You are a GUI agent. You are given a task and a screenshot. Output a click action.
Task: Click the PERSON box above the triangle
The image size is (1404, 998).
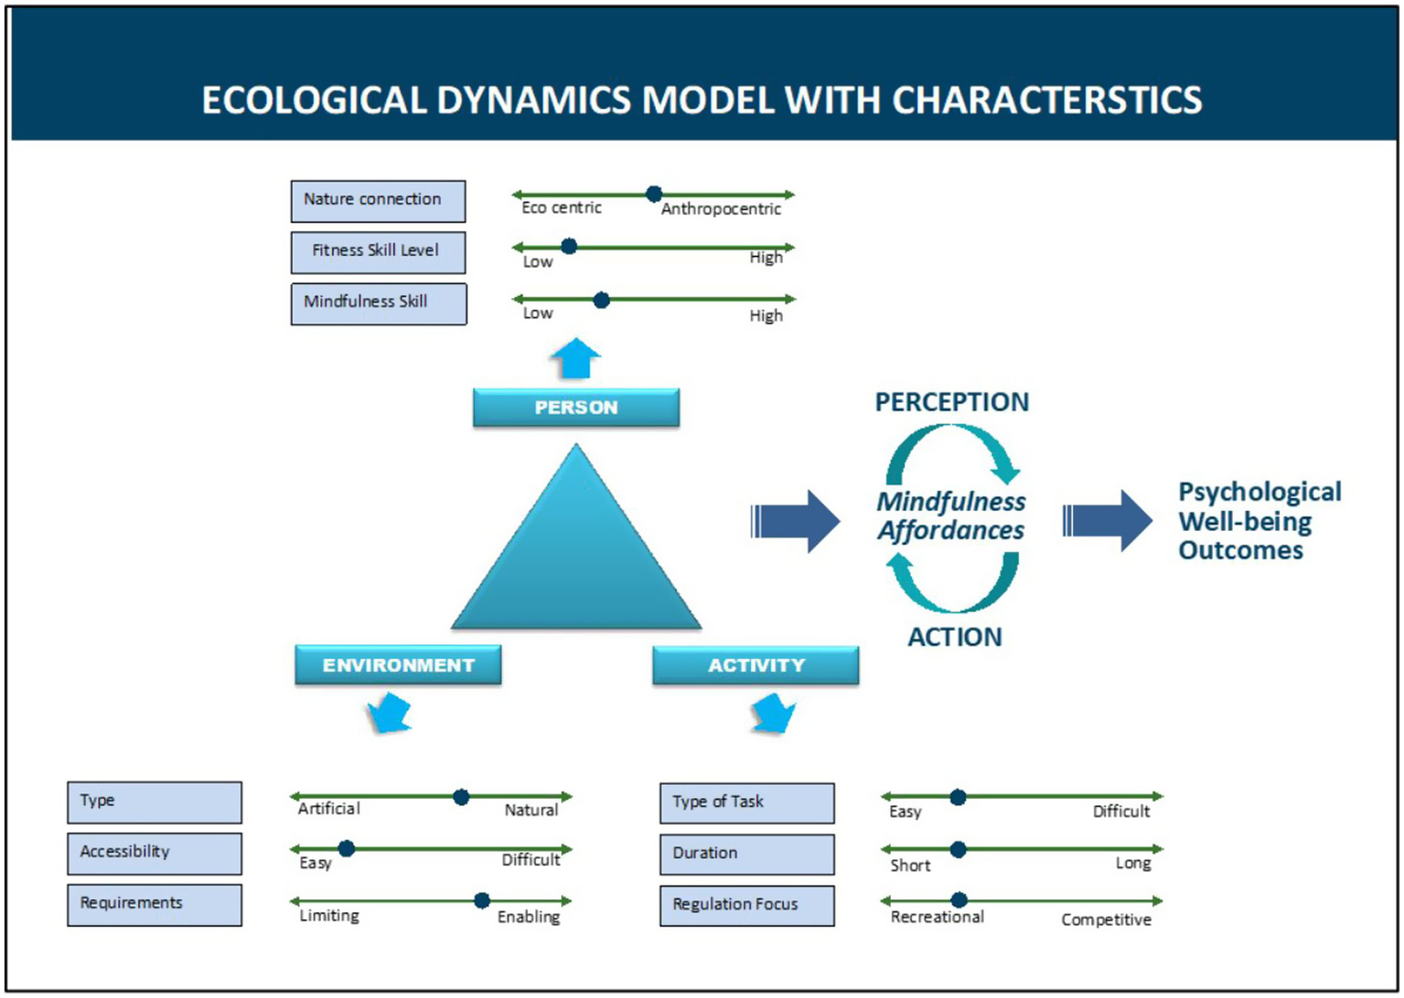575,408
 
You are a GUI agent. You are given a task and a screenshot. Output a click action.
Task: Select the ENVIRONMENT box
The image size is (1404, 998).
398,665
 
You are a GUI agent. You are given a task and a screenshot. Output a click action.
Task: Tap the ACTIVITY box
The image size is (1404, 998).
755,665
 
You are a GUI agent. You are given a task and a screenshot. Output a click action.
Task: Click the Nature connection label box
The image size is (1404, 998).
378,201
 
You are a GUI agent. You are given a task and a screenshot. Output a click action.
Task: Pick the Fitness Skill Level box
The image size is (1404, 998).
378,252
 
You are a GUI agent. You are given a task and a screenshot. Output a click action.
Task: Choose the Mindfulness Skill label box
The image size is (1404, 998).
378,303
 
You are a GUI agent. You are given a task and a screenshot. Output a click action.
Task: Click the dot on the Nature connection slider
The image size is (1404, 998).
653,194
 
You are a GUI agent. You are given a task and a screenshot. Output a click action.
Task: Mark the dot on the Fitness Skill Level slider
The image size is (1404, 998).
569,246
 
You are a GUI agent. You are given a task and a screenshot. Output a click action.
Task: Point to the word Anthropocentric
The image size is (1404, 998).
721,209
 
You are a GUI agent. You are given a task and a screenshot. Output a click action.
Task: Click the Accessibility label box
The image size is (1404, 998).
155,853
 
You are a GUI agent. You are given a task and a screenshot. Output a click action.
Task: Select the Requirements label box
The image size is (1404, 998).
155,904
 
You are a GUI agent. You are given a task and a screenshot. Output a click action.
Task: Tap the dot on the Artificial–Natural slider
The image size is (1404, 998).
461,797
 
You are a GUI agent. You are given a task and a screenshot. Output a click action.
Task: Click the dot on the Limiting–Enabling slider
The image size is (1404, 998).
482,900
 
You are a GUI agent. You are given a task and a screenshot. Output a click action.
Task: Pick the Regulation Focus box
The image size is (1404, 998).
746,905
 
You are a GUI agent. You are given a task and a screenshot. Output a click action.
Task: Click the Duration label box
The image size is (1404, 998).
746,854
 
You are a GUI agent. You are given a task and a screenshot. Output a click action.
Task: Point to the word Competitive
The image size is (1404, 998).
1106,919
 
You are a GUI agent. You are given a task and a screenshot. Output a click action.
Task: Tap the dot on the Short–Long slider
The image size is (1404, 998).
958,849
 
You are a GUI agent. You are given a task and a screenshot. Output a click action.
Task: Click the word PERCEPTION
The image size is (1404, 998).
951,402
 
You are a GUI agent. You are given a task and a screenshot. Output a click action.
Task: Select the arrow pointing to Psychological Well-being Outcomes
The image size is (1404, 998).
1108,521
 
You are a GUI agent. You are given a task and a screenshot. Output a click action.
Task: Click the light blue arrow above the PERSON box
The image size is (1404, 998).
575,358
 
